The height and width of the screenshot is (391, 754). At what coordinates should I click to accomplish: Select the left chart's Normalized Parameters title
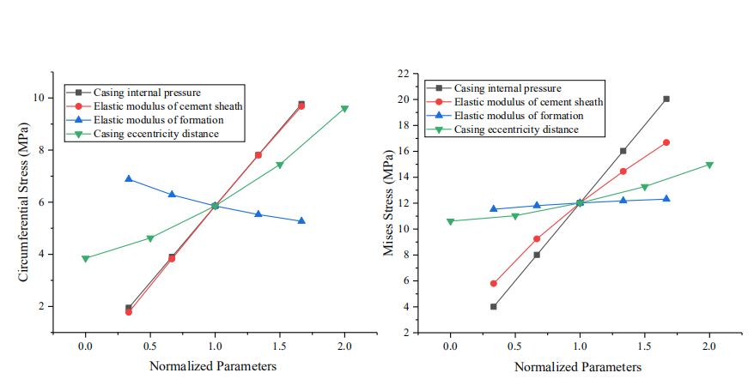(214, 366)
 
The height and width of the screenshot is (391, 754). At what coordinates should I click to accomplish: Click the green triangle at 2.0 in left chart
(344, 109)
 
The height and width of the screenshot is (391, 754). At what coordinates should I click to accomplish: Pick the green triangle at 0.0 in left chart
(85, 258)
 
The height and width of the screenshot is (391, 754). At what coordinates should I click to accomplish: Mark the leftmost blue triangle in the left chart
(129, 178)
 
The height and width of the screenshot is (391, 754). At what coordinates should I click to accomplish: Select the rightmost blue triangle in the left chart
(301, 220)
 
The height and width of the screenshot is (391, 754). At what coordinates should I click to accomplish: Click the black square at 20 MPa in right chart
(666, 99)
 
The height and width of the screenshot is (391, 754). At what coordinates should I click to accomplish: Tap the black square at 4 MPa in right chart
(494, 306)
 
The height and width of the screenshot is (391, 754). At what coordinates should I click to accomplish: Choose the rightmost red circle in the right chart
(666, 142)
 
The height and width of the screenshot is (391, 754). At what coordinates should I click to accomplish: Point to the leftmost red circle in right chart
(494, 283)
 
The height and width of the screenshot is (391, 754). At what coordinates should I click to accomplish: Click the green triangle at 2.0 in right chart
(709, 165)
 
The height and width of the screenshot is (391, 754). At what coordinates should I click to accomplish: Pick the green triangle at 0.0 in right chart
(450, 221)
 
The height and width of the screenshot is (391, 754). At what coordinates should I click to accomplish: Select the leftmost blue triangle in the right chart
(494, 208)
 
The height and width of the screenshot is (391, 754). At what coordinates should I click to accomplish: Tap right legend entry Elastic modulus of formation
(518, 116)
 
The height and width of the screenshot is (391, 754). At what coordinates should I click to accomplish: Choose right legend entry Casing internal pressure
(507, 88)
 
